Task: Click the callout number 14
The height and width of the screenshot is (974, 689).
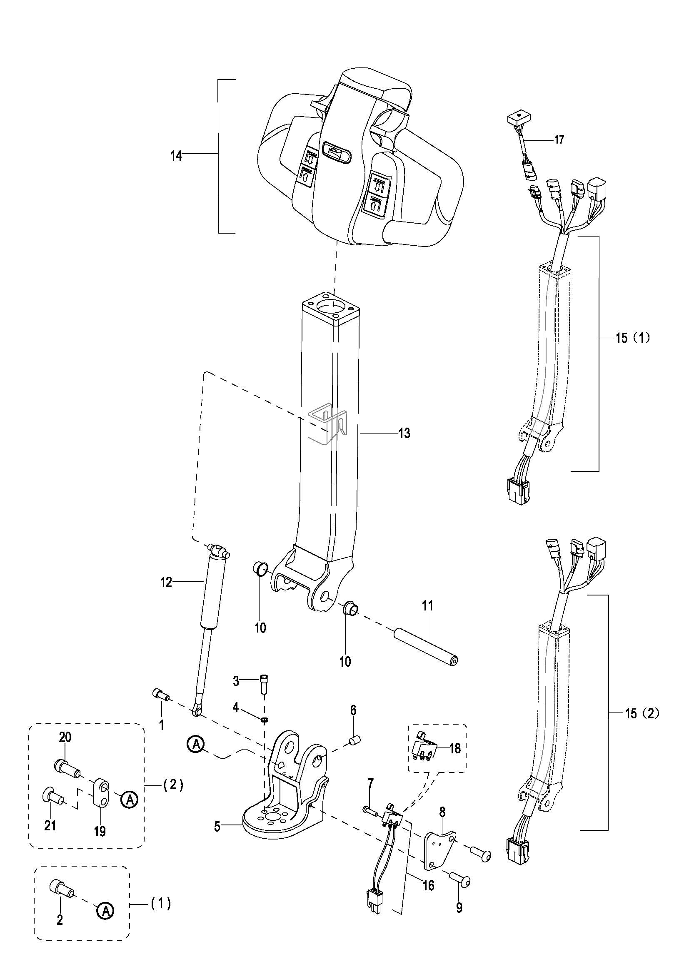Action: (x=176, y=156)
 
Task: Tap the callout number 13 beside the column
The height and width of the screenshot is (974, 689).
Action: (x=404, y=433)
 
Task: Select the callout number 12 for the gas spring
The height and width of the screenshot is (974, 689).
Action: (x=166, y=583)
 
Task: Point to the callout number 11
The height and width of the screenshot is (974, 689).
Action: (x=427, y=606)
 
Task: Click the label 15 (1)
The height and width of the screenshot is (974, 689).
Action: (x=633, y=339)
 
